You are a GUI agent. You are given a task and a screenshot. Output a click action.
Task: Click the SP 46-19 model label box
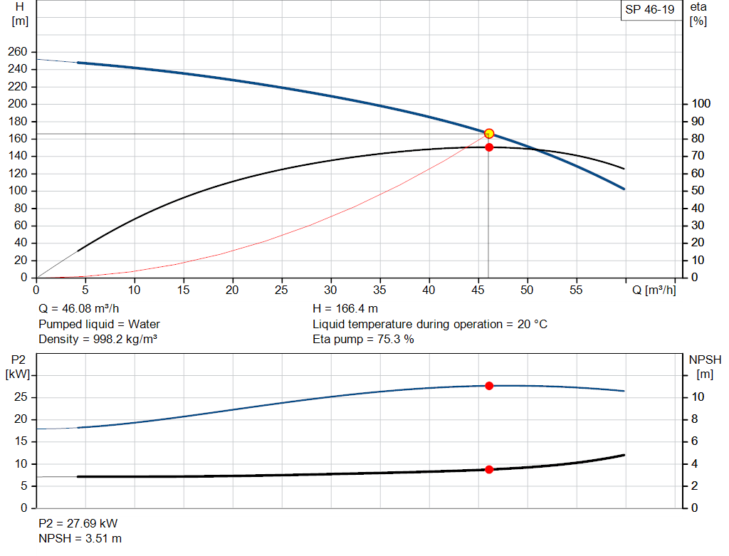[x=649, y=10]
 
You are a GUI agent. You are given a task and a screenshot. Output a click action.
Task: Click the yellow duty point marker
[x=489, y=134]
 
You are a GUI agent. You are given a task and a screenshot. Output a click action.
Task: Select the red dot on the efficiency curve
[x=489, y=147]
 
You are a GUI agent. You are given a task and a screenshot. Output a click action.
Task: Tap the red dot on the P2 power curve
[x=489, y=386]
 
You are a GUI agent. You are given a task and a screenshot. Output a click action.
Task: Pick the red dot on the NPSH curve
[x=489, y=470]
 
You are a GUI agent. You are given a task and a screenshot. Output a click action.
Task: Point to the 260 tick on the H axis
[x=18, y=52]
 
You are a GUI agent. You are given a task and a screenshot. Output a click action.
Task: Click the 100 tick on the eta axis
[x=701, y=104]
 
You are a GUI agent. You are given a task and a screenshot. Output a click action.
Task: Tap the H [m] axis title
[x=19, y=14]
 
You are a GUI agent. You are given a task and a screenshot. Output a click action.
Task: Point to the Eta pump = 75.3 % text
[x=363, y=339]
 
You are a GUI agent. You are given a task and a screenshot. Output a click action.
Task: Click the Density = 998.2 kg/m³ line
[x=98, y=339]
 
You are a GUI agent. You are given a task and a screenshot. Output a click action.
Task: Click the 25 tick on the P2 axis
[x=21, y=397]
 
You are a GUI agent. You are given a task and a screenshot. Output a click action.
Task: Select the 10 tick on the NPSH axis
[x=697, y=397]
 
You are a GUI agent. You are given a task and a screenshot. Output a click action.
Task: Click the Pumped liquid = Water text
[x=99, y=325]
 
